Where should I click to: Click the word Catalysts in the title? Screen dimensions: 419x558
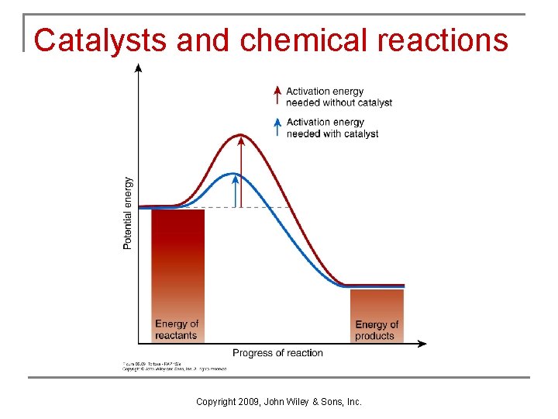point(101,40)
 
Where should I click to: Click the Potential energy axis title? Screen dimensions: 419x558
point(128,213)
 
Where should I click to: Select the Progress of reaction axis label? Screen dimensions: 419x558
point(277,353)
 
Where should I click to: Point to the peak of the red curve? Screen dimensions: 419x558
point(241,135)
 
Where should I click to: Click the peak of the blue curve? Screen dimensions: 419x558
point(234,173)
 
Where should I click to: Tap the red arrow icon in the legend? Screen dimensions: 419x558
point(277,95)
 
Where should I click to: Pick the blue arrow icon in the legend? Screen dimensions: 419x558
point(277,126)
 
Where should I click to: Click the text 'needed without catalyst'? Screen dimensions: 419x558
point(339,102)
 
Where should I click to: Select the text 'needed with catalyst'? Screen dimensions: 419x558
point(332,133)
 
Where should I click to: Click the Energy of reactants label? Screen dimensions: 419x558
point(177,330)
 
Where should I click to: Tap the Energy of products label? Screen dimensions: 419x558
point(377,331)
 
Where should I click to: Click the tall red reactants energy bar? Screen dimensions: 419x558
point(177,264)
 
